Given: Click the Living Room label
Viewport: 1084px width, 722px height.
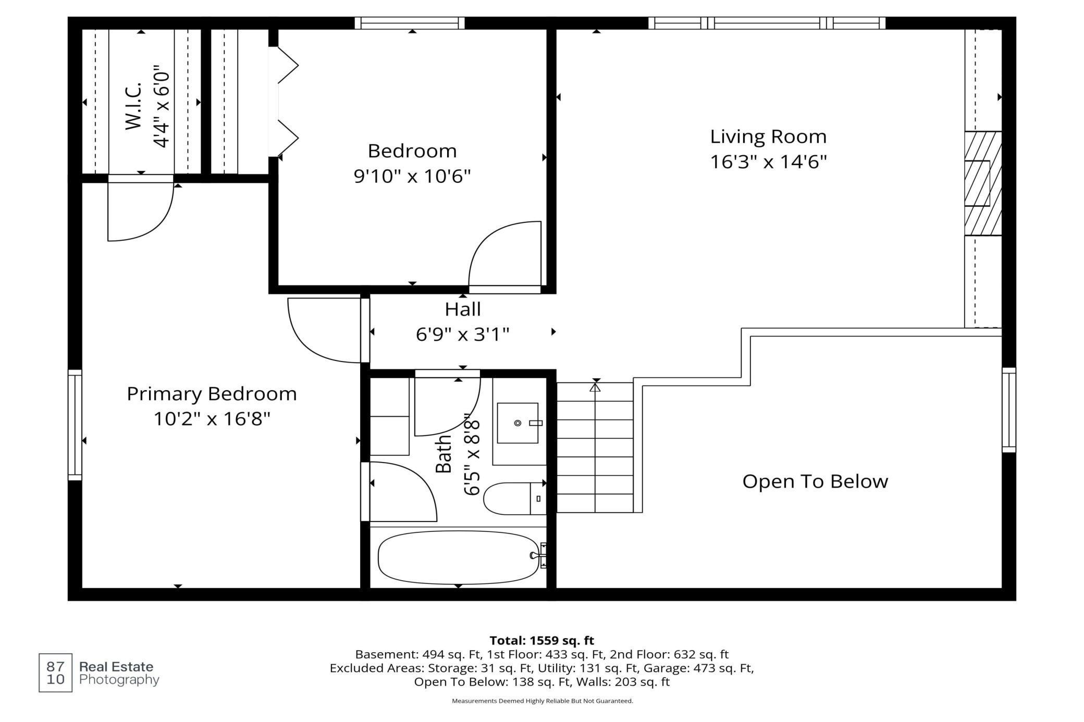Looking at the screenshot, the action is (x=768, y=136).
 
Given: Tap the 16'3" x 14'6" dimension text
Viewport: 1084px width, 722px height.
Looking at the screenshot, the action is (x=769, y=162).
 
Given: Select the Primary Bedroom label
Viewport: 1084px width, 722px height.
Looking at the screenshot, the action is (x=212, y=394).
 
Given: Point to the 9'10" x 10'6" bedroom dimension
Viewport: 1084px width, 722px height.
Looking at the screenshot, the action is (x=412, y=176).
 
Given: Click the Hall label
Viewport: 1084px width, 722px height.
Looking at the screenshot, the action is (x=463, y=309).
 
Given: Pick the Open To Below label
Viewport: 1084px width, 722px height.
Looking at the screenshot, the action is (x=815, y=481).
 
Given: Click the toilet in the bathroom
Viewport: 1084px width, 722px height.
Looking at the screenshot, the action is (x=514, y=499).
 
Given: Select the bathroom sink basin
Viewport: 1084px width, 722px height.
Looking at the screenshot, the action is (x=518, y=423).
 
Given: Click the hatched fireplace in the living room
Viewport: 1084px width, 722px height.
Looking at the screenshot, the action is (x=983, y=183).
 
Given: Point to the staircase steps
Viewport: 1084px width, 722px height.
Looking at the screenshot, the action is (x=595, y=447).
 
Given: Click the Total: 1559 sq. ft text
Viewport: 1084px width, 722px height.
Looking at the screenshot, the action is (x=542, y=640).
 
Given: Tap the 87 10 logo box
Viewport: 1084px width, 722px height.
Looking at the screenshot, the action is (x=55, y=673).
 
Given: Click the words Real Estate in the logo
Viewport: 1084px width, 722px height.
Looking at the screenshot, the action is (x=116, y=667).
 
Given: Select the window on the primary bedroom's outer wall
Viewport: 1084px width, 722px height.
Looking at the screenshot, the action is (x=75, y=425).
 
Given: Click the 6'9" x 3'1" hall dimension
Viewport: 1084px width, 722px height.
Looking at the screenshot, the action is (x=463, y=334).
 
